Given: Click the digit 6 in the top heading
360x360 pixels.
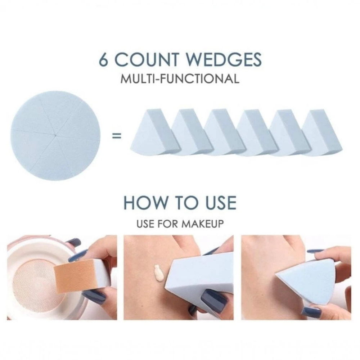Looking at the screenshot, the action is [x=103, y=60].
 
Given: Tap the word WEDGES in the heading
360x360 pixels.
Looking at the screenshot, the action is [x=224, y=60].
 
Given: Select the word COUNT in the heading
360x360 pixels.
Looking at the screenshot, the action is [x=147, y=60].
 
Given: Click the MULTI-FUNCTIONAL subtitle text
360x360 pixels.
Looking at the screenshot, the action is [x=180, y=79].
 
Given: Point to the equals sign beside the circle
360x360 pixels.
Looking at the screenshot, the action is [x=116, y=136].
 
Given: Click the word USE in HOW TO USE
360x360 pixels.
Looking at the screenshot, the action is [x=221, y=202].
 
